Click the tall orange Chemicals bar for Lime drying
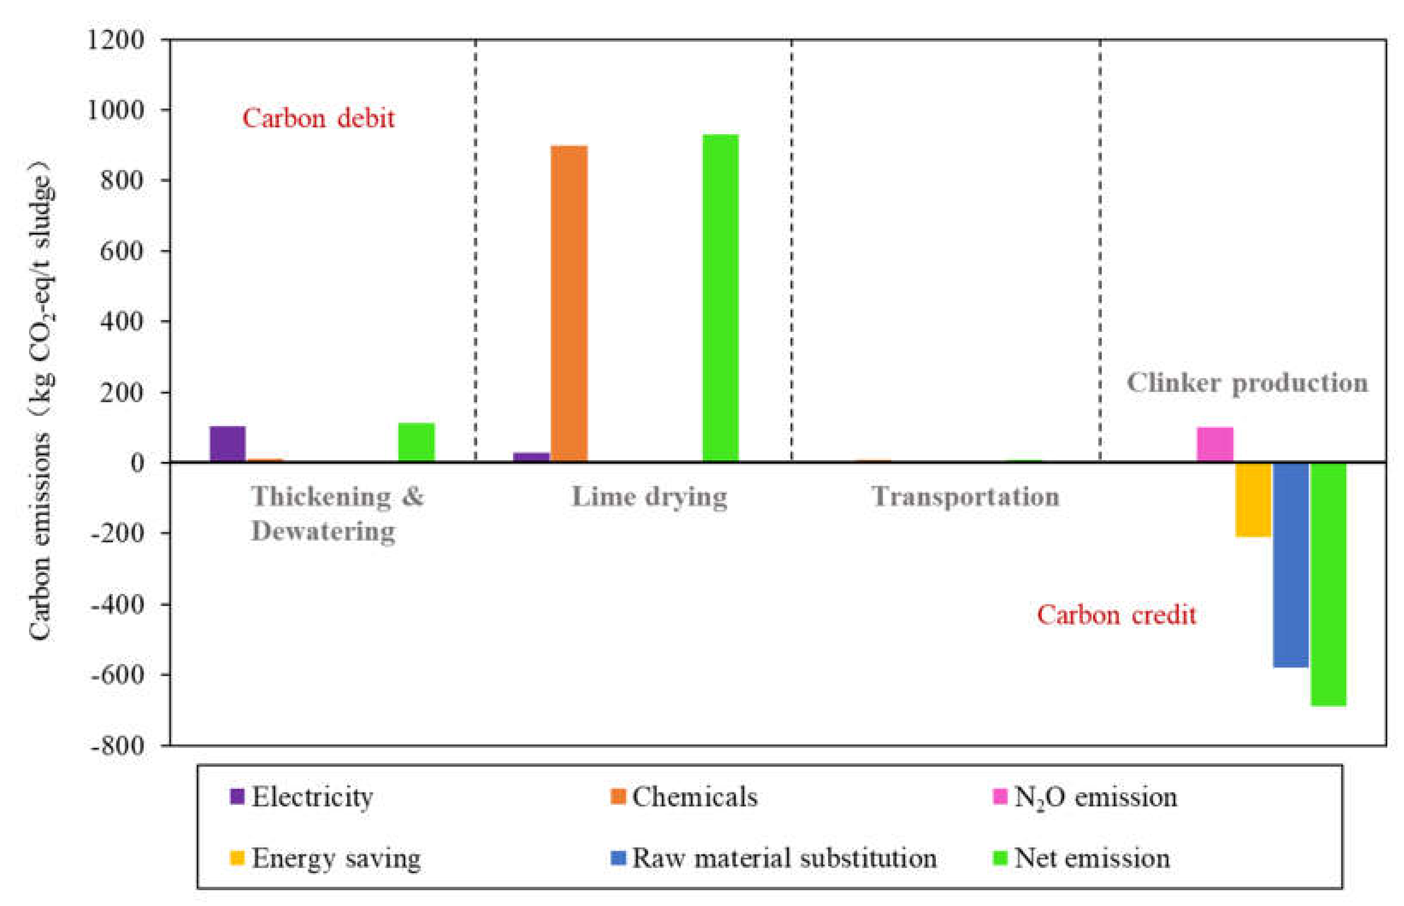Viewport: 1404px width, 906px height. click(x=569, y=303)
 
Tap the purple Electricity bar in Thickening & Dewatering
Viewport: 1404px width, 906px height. click(x=227, y=443)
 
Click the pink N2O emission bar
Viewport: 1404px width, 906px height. click(x=1215, y=444)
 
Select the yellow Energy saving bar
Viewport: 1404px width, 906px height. click(x=1253, y=499)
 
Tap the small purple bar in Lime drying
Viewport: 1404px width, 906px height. click(x=531, y=456)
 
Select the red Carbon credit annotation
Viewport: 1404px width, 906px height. click(x=1116, y=615)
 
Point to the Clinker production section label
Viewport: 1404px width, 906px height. click(x=1246, y=383)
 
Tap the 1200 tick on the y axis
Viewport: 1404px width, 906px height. click(x=115, y=40)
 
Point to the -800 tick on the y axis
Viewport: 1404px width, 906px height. click(x=117, y=745)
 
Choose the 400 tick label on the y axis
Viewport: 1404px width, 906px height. click(x=121, y=322)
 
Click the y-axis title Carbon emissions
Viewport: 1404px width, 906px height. click(x=40, y=400)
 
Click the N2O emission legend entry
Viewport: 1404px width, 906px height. click(x=1085, y=797)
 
